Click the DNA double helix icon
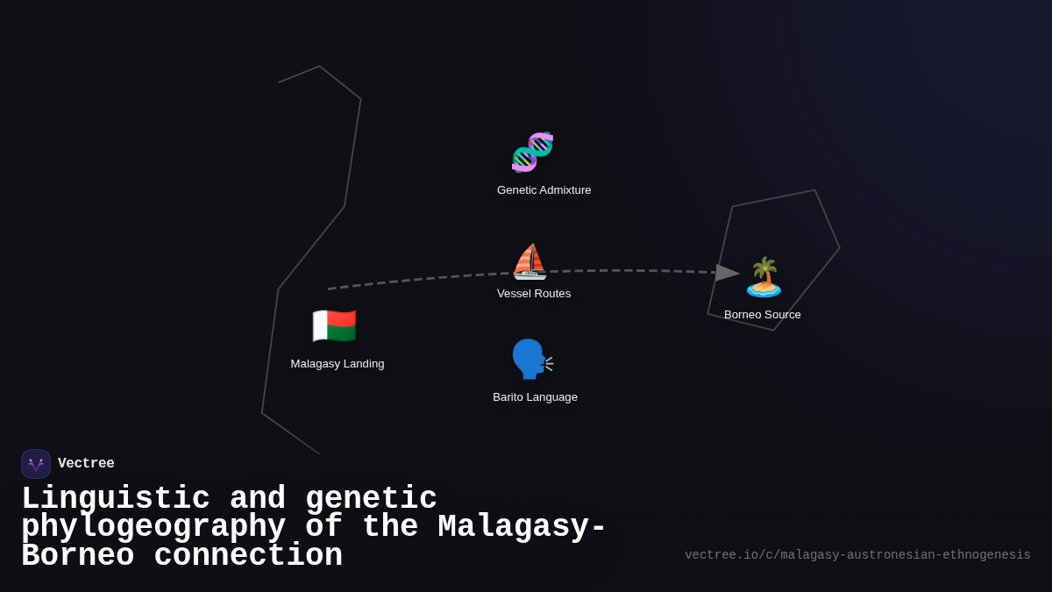532,152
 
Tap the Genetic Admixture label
544,190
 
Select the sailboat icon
530,261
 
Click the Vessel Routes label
534,294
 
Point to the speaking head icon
531,359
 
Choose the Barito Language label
535,397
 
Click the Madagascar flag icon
334,326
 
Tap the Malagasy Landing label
338,364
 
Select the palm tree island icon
764,277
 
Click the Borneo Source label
763,315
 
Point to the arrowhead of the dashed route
727,273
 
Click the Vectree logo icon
36,464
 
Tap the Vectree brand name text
86,464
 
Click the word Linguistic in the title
116,498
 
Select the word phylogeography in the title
153,527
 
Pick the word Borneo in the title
77,556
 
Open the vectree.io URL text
857,555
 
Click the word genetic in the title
371,498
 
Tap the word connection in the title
248,556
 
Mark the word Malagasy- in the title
522,527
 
